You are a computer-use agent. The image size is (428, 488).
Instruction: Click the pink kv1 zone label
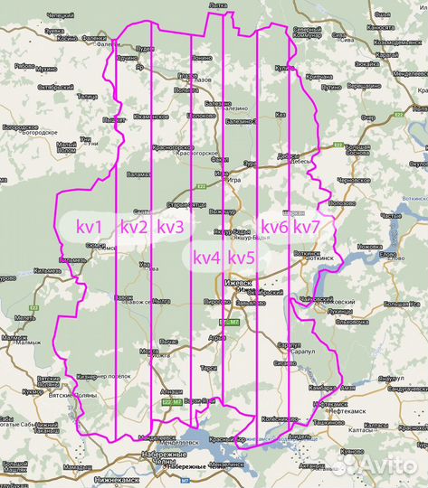point(89,227)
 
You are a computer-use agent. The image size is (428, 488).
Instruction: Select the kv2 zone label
point(134,227)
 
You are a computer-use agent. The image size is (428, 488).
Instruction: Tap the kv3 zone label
point(170,227)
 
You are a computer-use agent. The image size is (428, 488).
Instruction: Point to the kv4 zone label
point(207,258)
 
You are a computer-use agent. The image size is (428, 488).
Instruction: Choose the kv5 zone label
point(242,258)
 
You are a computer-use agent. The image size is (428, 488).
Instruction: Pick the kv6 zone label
point(274,226)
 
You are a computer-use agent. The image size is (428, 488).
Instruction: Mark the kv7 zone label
point(307,226)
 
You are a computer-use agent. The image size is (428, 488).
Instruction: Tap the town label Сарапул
point(289,345)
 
